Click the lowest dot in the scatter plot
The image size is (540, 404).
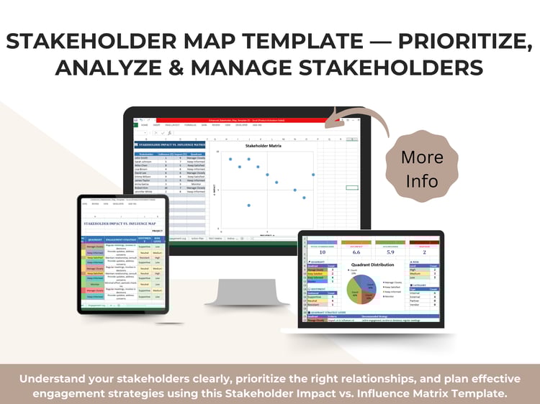[x=248, y=206]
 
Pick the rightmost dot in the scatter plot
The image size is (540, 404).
[x=313, y=175]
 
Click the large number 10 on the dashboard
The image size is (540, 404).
[x=322, y=252]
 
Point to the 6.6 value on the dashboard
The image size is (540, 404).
[x=356, y=252]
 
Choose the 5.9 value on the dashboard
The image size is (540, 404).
[x=392, y=252]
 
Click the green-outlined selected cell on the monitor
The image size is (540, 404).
[x=351, y=188]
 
